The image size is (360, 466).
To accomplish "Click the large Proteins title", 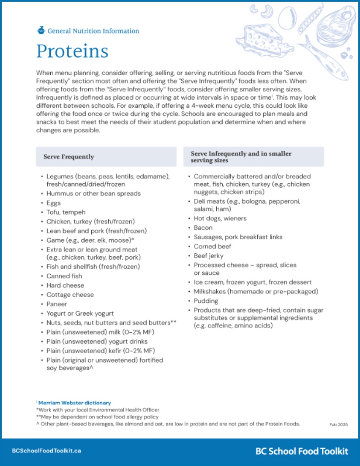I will (x=72, y=51).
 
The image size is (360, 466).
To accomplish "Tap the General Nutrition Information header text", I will (x=93, y=31).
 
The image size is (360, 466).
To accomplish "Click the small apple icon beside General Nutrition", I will (x=41, y=30).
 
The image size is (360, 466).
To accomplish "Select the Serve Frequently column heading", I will (x=68, y=157).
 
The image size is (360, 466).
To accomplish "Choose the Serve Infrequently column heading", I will (x=241, y=157).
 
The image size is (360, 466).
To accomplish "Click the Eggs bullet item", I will (x=54, y=203).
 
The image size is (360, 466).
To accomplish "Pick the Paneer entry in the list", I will (x=57, y=304).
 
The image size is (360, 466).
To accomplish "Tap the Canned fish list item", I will (x=64, y=276).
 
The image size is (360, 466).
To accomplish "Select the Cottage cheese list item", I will (x=70, y=295).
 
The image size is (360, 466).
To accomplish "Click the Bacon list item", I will (x=203, y=228).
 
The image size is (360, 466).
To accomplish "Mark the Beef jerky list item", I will (x=209, y=255).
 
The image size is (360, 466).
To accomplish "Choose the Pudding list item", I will (x=206, y=301).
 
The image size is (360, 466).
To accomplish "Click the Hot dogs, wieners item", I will (x=220, y=218).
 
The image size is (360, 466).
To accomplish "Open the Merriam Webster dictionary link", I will (x=74, y=403).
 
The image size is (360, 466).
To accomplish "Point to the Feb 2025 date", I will (x=338, y=425).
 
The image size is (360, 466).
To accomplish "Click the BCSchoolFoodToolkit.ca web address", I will (x=46, y=451).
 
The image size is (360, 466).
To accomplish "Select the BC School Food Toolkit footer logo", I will (x=302, y=451).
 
